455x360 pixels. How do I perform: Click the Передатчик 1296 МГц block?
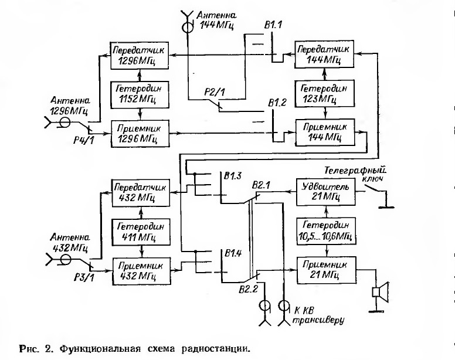(140, 55)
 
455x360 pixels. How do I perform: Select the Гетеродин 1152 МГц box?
(140, 95)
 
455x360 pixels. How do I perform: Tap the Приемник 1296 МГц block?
(140, 134)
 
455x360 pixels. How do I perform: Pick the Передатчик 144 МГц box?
(324, 55)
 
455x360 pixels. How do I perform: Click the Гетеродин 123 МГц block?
(325, 93)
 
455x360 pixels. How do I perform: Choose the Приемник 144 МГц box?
(325, 133)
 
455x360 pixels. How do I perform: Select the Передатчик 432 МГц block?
(141, 193)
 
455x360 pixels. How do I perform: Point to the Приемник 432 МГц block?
(142, 271)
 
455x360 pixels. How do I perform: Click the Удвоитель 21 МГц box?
(325, 192)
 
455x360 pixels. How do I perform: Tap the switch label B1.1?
(273, 25)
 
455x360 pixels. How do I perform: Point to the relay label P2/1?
(215, 93)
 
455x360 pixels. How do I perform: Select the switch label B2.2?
(249, 289)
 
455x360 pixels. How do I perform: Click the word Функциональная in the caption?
(100, 348)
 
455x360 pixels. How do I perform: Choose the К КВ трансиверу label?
(318, 315)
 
